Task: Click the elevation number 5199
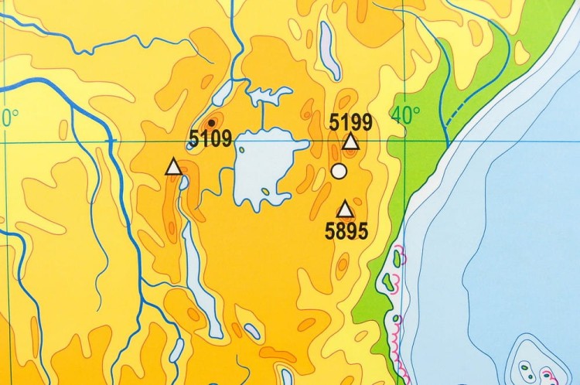coord(350,122)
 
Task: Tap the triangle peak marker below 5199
coord(350,141)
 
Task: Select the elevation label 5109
coord(210,140)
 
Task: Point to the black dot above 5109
coord(211,121)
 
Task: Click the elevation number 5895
coord(346,230)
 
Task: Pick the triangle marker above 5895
coord(345,209)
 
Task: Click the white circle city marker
coord(338,171)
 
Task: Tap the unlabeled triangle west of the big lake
coord(173,166)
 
